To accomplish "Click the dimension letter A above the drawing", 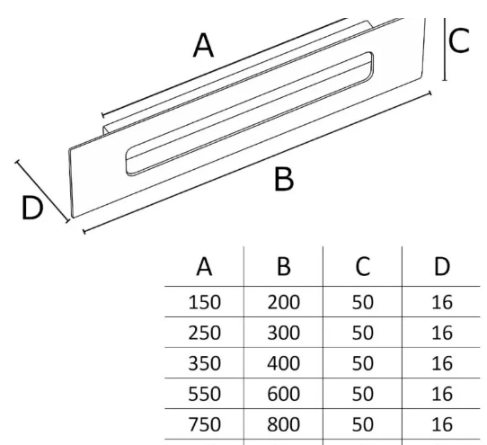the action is click(203, 46).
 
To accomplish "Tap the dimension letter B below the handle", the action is click(284, 179).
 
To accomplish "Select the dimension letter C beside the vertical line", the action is click(459, 40).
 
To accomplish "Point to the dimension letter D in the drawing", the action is click(32, 208).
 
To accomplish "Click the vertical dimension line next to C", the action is click(445, 49).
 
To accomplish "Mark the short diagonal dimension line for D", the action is click(42, 191).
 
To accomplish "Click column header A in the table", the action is click(204, 267).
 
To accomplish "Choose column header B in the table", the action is click(284, 267).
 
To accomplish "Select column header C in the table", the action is click(362, 267).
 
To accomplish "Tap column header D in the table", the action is click(442, 267).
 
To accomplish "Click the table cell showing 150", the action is click(204, 302).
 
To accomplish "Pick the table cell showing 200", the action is click(284, 302).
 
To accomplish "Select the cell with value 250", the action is click(204, 333).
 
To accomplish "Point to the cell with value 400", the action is click(284, 363).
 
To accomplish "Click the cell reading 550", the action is click(204, 394).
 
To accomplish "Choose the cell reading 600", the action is click(284, 394).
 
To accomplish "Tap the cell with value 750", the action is click(204, 424).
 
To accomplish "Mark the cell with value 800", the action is click(284, 424).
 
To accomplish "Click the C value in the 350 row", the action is click(362, 363).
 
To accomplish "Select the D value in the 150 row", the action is click(442, 302).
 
